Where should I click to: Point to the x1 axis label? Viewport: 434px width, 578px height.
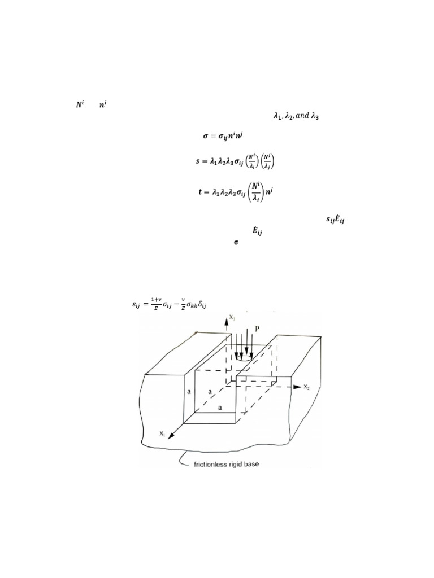pos(162,434)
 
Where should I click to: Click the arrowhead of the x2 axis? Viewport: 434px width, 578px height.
pos(297,387)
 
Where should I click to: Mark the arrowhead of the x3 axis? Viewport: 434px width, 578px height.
pos(227,320)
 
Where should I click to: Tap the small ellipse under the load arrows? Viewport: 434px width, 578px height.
pos(244,357)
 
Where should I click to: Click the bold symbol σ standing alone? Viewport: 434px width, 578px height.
pos(236,242)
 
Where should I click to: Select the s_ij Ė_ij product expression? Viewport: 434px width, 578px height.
pos(336,220)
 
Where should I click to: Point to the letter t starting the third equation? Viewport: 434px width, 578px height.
pos(199,192)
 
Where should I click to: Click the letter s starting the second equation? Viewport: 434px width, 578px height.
pos(197,162)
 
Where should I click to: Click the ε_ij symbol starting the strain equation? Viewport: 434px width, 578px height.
pos(136,306)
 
